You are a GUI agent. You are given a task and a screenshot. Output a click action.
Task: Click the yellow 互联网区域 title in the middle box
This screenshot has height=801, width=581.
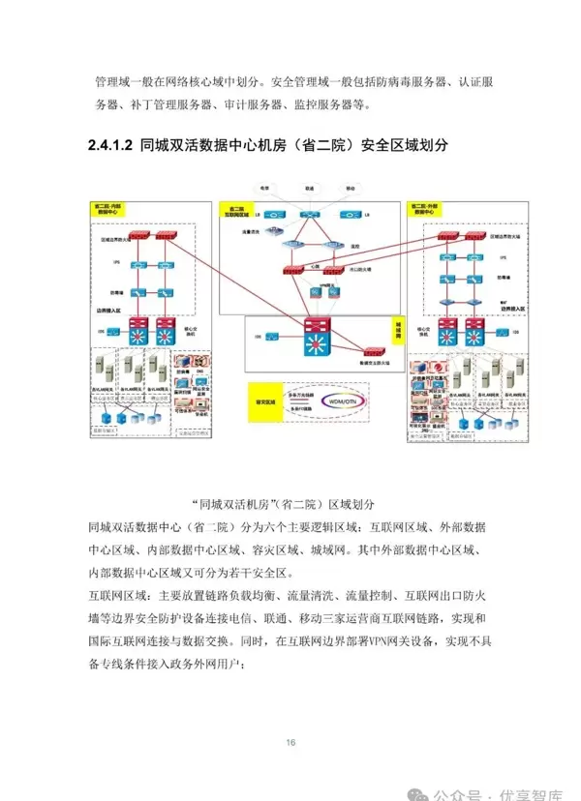236,209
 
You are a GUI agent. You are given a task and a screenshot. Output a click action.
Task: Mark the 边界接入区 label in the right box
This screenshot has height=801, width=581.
504,311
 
